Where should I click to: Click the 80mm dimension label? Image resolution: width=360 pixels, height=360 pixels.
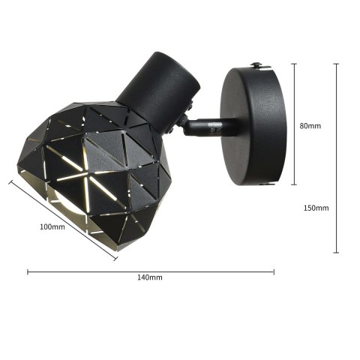[310, 126]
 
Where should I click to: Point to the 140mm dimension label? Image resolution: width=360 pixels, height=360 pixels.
[150, 277]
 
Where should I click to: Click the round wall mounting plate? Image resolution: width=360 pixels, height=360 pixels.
[255, 125]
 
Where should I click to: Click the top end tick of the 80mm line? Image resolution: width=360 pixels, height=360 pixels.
[293, 64]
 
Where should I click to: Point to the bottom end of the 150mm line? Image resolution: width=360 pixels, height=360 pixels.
[335, 253]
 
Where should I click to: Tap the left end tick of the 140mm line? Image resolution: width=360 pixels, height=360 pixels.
[28, 271]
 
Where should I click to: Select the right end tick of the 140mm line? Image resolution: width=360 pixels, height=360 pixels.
[274, 271]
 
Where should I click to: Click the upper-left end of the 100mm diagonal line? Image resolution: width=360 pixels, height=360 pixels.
[10, 181]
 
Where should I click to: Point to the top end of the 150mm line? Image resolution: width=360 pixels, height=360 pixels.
[335, 64]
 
